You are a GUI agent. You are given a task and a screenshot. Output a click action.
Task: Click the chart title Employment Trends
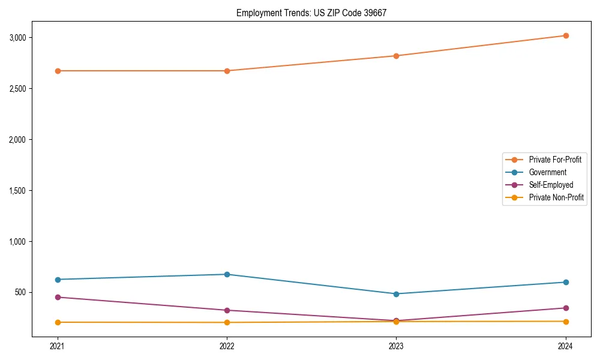click(x=311, y=13)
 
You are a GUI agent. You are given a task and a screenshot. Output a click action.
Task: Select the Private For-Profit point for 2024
click(x=565, y=35)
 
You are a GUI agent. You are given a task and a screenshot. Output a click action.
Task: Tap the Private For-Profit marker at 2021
click(x=58, y=71)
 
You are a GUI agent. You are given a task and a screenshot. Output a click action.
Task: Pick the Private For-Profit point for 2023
click(x=396, y=56)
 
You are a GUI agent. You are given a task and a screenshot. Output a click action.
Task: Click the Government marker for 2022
click(x=227, y=274)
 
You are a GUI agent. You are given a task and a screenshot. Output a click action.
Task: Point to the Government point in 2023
click(x=396, y=294)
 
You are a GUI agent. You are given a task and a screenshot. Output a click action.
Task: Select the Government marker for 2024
click(x=565, y=282)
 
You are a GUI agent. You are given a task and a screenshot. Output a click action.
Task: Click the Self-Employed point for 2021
click(x=58, y=297)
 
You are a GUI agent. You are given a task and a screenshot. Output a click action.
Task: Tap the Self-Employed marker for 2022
click(x=227, y=310)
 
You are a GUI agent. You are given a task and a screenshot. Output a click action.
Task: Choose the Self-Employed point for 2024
click(x=565, y=308)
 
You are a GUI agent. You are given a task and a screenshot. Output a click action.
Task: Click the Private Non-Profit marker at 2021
click(x=58, y=322)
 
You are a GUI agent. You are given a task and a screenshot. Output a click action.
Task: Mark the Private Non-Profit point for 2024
click(x=565, y=322)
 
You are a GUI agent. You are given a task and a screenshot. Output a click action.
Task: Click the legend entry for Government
click(x=547, y=172)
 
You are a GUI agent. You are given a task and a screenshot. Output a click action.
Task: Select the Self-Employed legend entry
click(x=551, y=185)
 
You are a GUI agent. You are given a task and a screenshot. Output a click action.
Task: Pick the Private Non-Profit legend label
click(x=556, y=197)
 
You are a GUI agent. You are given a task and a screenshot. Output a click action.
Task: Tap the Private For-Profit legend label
click(x=555, y=160)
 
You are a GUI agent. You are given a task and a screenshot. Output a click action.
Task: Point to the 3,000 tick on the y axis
click(x=18, y=38)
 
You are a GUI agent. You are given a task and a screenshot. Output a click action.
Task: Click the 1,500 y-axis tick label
click(x=18, y=191)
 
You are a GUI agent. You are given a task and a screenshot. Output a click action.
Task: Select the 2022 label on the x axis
click(x=227, y=346)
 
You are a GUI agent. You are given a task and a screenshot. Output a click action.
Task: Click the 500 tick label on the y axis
click(x=21, y=293)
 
